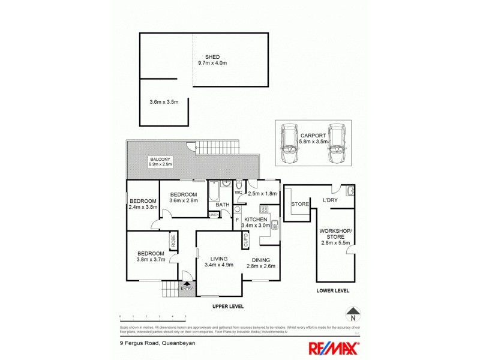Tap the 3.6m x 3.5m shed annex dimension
pyautogui.click(x=164, y=102)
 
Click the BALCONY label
pyautogui.click(x=159, y=158)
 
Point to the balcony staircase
pyautogui.click(x=219, y=146)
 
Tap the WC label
pyautogui.click(x=238, y=193)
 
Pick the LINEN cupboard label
pyautogui.click(x=214, y=214)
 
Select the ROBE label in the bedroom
pyautogui.click(x=173, y=241)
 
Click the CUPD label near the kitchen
pyautogui.click(x=245, y=241)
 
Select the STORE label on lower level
pyautogui.click(x=300, y=204)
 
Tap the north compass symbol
pyautogui.click(x=353, y=313)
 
